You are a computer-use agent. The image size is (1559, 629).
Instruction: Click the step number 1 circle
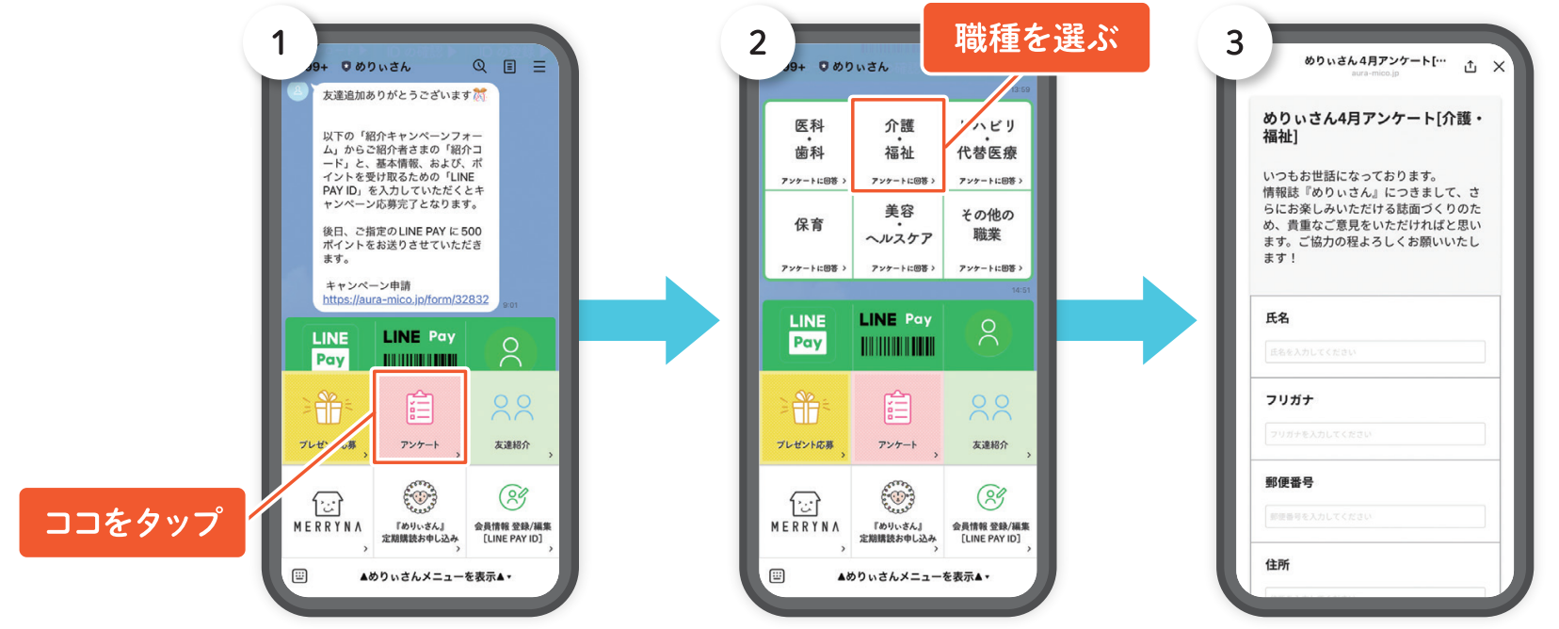pos(279,42)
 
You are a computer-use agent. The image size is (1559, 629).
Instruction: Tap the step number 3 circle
pos(1234,42)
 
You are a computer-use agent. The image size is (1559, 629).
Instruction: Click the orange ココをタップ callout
pos(132,522)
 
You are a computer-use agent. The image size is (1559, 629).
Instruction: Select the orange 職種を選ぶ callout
pos(1036,39)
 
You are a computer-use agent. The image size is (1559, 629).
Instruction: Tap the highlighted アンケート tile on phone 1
pos(420,416)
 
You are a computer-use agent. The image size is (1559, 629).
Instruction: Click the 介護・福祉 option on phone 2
pos(899,146)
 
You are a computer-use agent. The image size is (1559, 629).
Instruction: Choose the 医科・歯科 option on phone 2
pos(809,146)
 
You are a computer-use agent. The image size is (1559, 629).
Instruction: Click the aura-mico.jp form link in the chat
pos(406,299)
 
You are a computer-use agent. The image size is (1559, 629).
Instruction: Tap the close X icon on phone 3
pos(1499,67)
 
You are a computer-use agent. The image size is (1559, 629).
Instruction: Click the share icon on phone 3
pos(1471,67)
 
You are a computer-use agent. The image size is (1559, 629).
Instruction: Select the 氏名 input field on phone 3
pos(1374,352)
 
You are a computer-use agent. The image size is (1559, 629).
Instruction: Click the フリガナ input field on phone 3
pos(1374,434)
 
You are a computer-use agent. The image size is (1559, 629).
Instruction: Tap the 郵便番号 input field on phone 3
pos(1374,516)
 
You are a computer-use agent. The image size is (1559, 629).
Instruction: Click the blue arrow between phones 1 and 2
pos(650,320)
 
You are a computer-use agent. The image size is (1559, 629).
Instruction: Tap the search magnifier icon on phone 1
pos(479,66)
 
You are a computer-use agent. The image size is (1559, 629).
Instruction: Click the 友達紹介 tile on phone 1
pos(512,416)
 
